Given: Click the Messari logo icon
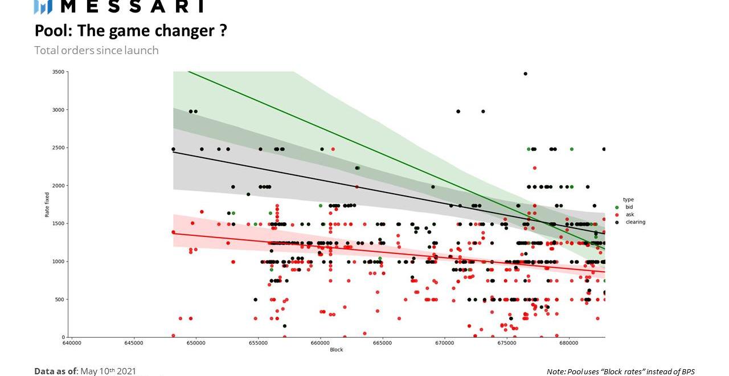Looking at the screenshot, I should click(x=43, y=7).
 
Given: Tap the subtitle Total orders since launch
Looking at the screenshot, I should click(x=96, y=50).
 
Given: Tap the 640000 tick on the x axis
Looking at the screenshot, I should click(x=72, y=343).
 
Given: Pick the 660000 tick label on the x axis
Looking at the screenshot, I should click(x=320, y=343).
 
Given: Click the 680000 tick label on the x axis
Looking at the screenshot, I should click(x=569, y=343).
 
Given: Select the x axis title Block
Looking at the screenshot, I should click(x=337, y=350).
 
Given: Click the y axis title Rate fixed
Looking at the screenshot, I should click(x=47, y=205).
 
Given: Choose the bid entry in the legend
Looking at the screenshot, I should click(x=629, y=207).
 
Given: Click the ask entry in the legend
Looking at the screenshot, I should click(x=629, y=215).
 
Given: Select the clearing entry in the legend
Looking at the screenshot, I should click(x=635, y=222).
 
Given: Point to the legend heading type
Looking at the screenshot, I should click(x=628, y=200).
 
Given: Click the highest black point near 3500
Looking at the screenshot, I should click(x=525, y=73).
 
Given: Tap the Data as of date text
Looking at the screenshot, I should click(x=85, y=371).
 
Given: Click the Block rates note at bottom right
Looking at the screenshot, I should click(x=621, y=371).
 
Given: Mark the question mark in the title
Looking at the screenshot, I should click(x=223, y=31).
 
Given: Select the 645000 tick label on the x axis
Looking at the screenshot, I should click(x=134, y=343).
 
